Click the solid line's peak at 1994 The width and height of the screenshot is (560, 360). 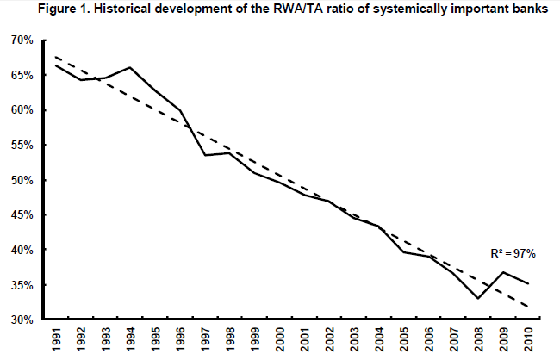click(129, 67)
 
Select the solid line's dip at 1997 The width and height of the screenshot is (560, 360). click(204, 155)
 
